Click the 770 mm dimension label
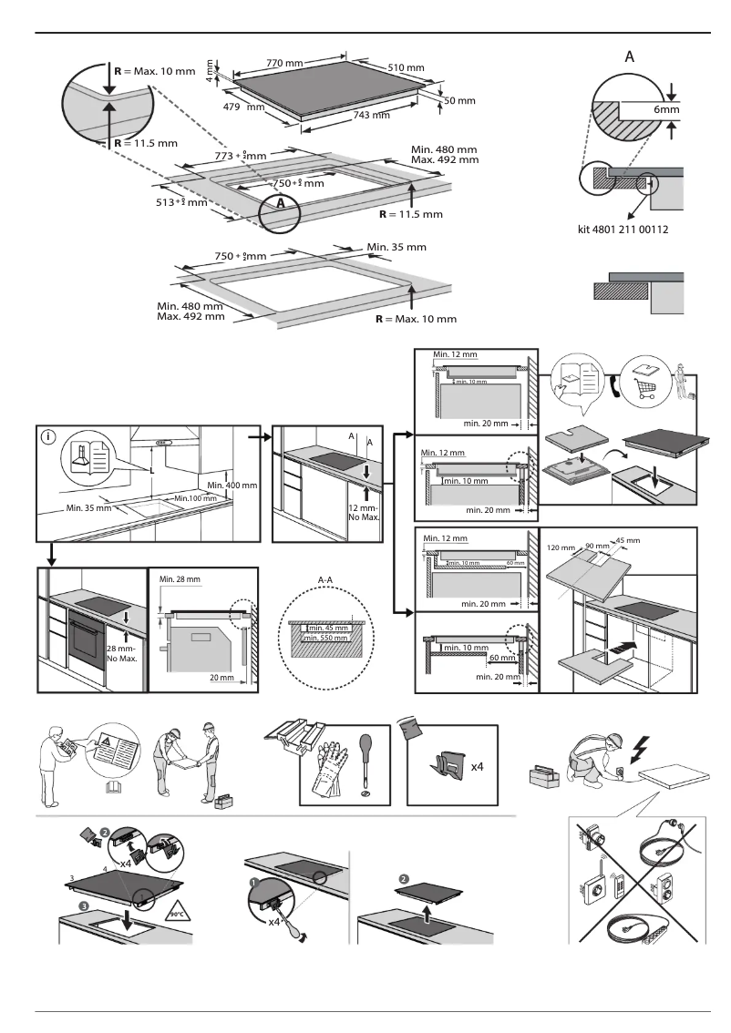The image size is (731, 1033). click(284, 63)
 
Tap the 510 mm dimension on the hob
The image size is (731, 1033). click(406, 68)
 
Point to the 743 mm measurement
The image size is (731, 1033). click(371, 115)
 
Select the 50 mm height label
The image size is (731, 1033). click(460, 99)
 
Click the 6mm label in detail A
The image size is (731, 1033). click(667, 109)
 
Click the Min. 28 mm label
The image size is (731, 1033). click(179, 578)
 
